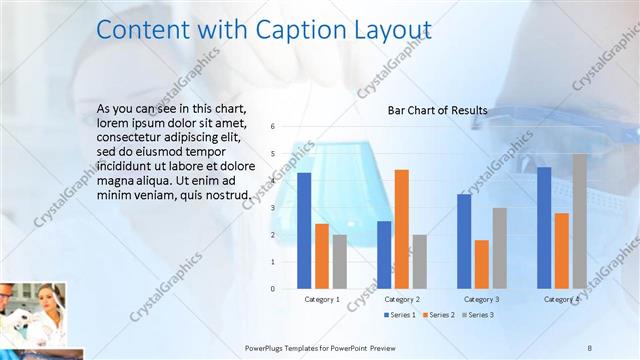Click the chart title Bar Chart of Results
coord(437,110)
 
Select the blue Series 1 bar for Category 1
coord(304,230)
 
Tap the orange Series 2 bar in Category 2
coord(401,229)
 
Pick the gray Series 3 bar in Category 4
coord(580,221)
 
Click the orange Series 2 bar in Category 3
coord(481,264)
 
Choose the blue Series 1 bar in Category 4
coord(544,227)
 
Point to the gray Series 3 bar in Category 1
coord(340,261)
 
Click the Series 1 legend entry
coord(400,315)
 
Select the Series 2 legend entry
coord(437,315)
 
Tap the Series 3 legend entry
coord(476,315)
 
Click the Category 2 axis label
coord(401,299)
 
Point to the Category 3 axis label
coord(481,299)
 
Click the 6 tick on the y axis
coord(274,127)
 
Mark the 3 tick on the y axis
coord(274,208)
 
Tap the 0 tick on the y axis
coord(274,289)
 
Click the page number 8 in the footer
coord(590,347)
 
